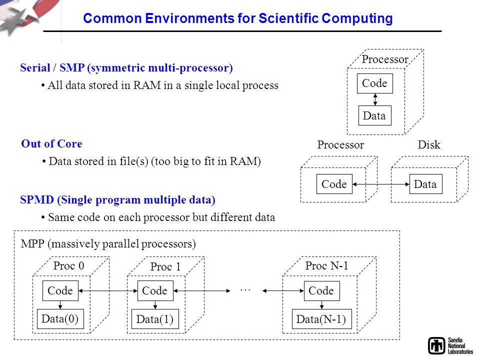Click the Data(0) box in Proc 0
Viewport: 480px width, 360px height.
(60, 319)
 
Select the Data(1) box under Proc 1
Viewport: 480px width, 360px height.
(155, 319)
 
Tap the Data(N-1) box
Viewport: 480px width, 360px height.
(321, 319)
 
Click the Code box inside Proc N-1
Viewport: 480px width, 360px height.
(321, 291)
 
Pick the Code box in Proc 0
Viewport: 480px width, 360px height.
(60, 291)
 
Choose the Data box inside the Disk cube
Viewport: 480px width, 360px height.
(426, 184)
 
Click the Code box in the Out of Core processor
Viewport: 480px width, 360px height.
(334, 184)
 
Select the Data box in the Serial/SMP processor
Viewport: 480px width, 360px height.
(374, 115)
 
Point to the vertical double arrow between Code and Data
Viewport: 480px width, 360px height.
(375, 99)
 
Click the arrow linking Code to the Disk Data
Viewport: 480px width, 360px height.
(381, 184)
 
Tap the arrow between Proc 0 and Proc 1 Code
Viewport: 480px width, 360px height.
(108, 291)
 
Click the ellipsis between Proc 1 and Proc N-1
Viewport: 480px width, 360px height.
(245, 289)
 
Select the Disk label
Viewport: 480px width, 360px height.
(429, 144)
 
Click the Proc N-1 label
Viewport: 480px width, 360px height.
(326, 265)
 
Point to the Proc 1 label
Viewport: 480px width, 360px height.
(165, 266)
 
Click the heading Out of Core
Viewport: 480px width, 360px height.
(51, 143)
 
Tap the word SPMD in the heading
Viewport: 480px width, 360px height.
(37, 200)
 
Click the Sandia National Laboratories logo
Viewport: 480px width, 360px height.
(450, 346)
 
